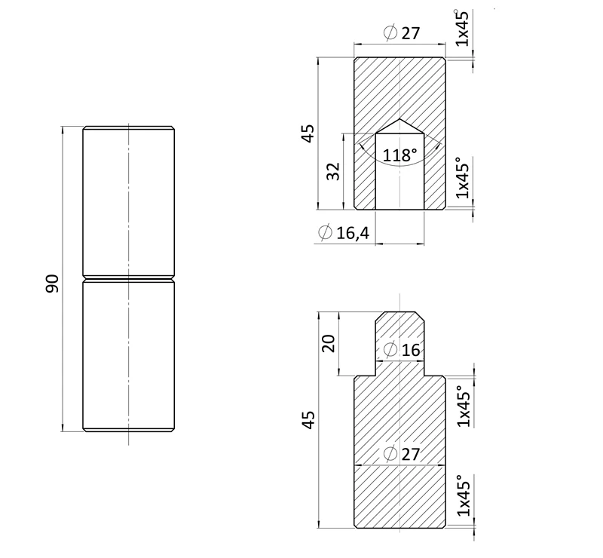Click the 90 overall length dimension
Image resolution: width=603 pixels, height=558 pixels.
click(52, 284)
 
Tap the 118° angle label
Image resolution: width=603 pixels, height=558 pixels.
click(399, 155)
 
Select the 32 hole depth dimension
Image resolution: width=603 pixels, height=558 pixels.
click(333, 171)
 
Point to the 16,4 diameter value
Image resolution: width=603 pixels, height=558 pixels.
click(353, 233)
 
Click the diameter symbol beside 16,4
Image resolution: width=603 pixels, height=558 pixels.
click(325, 232)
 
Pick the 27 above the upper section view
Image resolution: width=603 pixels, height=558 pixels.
click(411, 33)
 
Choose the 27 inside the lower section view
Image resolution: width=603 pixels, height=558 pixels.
click(411, 455)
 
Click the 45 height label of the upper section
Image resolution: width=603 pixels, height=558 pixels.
click(308, 133)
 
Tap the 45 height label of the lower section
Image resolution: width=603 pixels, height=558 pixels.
click(308, 420)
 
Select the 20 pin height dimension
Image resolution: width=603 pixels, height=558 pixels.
click(329, 344)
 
